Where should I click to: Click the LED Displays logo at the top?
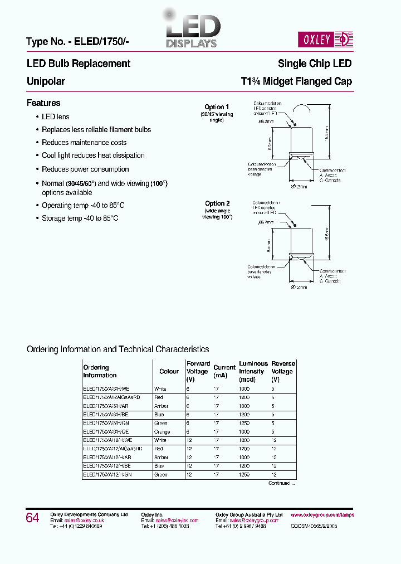tap(191, 30)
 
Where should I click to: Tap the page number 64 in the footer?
tap(32, 518)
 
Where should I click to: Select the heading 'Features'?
tap(43, 103)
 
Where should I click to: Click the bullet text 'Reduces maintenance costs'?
tap(84, 143)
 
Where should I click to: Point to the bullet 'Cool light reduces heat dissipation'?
tap(93, 155)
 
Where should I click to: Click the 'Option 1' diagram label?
tap(217, 107)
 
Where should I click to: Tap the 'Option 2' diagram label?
tap(217, 203)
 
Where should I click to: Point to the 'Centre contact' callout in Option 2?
tap(332, 267)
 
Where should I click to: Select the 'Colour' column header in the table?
tap(169, 371)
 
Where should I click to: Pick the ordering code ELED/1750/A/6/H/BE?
tap(107, 414)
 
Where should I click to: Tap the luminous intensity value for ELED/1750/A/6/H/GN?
tap(244, 423)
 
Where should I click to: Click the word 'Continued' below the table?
tap(279, 483)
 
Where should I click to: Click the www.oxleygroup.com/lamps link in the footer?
tap(322, 515)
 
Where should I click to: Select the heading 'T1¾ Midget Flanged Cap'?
tap(296, 81)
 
